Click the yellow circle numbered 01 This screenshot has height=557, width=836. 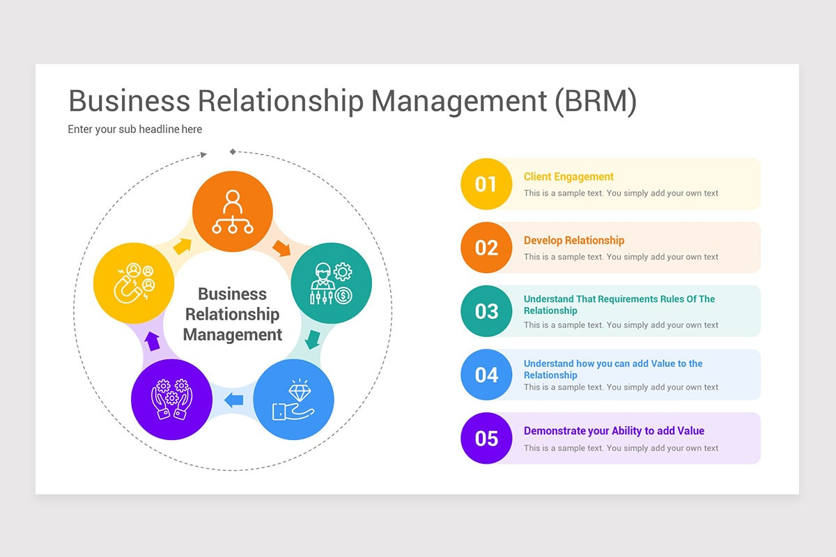486,184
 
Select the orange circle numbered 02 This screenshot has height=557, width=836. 486,248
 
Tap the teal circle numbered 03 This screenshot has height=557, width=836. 486,311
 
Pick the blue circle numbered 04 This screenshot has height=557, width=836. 486,375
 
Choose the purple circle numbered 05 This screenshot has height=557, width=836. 486,438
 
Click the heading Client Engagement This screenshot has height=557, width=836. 568,177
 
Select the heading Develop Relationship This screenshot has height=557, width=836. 574,240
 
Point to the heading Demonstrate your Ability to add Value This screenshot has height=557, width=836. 614,431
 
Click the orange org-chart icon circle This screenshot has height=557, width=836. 232,210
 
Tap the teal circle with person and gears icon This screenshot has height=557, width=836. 331,283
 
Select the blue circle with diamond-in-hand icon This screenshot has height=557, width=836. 293,400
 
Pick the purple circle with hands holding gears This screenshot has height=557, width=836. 171,400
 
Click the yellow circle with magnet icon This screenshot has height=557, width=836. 134,283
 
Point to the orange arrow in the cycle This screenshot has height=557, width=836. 281,247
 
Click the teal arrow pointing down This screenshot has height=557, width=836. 313,339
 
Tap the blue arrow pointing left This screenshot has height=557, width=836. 233,400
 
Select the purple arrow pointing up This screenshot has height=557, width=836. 153,340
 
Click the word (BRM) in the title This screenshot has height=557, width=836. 596,101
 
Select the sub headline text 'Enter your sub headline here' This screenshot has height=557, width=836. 134,129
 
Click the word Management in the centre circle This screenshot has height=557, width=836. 232,335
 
